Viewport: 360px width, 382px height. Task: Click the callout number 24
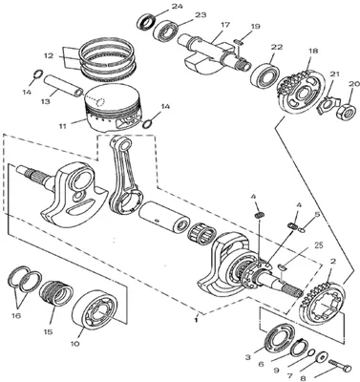click(177, 6)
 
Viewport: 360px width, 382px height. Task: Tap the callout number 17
click(224, 25)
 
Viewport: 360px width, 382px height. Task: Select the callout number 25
click(318, 245)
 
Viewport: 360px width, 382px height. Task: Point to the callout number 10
click(75, 344)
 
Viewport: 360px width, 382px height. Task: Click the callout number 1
click(197, 320)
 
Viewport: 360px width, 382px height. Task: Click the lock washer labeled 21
click(328, 104)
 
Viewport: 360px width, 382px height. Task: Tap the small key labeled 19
click(239, 41)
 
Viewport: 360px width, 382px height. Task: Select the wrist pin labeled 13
click(64, 85)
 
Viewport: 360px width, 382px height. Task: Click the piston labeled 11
click(114, 107)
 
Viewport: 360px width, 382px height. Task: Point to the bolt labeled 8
click(339, 366)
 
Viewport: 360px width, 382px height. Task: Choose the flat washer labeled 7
click(322, 356)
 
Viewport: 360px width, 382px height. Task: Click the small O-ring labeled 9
click(311, 352)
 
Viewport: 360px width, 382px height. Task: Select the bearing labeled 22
click(265, 75)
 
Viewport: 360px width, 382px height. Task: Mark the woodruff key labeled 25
click(282, 266)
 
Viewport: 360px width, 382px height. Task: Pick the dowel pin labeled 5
click(303, 228)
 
